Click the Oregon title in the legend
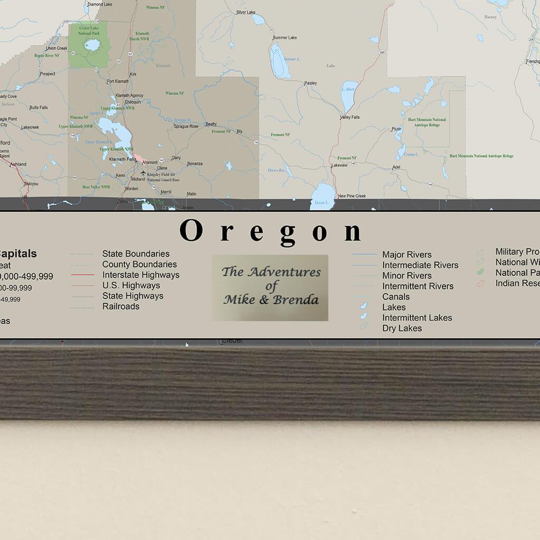(x=270, y=232)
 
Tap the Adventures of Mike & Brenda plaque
(x=270, y=287)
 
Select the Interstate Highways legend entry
(x=140, y=275)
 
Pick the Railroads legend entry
(x=121, y=306)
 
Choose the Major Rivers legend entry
(x=406, y=255)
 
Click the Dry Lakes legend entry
(x=402, y=328)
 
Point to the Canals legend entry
(x=396, y=296)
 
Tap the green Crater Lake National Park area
(x=88, y=45)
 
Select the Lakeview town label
(x=339, y=165)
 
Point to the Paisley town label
(x=310, y=83)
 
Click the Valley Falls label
(x=349, y=117)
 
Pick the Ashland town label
(x=18, y=164)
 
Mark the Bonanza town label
(x=194, y=163)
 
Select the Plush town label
(x=396, y=129)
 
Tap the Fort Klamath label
(x=117, y=81)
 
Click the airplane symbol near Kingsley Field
(x=143, y=172)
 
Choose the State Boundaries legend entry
(x=136, y=254)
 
